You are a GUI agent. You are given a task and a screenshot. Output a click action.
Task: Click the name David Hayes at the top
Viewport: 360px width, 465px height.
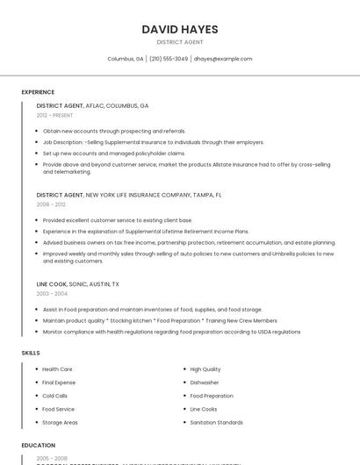pyautogui.click(x=180, y=29)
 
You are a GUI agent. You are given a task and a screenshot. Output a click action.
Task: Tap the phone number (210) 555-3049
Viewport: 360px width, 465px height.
pyautogui.click(x=169, y=59)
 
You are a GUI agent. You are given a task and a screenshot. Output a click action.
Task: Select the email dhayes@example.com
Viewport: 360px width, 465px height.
pyautogui.click(x=223, y=59)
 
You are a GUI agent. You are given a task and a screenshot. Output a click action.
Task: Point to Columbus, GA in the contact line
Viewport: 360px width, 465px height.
pyautogui.click(x=126, y=59)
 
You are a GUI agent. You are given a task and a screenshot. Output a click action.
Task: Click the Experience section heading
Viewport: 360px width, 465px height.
pyautogui.click(x=38, y=92)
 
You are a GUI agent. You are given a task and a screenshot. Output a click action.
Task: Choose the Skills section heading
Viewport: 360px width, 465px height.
pyautogui.click(x=31, y=353)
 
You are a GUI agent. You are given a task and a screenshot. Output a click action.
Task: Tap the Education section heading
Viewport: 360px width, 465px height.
pyautogui.click(x=39, y=446)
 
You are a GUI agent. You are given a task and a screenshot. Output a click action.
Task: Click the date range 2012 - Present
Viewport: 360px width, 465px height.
pyautogui.click(x=54, y=116)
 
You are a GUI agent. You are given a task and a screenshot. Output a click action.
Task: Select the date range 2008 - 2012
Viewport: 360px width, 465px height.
pyautogui.click(x=51, y=204)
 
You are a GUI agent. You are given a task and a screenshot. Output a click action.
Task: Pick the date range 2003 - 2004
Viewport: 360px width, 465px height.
pyautogui.click(x=51, y=294)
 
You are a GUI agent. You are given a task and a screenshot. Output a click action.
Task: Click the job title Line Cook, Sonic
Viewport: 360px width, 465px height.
pyautogui.click(x=78, y=284)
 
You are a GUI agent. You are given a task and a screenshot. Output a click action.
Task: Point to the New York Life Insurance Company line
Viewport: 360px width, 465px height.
pyautogui.click(x=129, y=195)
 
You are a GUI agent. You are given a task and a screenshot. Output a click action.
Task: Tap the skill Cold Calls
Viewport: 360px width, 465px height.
pyautogui.click(x=54, y=396)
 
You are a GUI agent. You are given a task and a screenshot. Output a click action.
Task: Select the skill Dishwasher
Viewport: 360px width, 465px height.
pyautogui.click(x=205, y=383)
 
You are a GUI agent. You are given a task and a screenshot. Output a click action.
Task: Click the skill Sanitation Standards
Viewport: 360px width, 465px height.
pyautogui.click(x=216, y=422)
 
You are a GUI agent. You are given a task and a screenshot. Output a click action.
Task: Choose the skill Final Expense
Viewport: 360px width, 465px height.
pyautogui.click(x=59, y=383)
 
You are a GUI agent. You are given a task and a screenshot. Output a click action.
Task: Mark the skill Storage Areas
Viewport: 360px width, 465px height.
pyautogui.click(x=60, y=422)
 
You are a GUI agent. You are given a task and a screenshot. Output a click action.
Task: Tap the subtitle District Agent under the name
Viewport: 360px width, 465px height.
pyautogui.click(x=180, y=42)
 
